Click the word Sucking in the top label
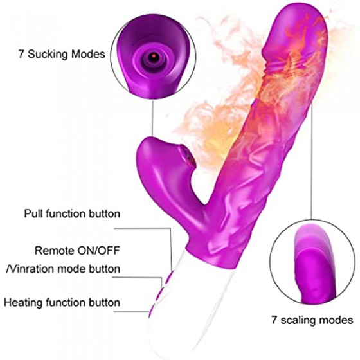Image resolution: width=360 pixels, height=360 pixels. (48, 55)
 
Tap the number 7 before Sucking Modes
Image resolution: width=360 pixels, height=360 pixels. (21, 54)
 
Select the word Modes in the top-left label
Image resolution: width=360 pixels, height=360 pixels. (88, 54)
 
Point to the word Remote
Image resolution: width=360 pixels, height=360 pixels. (55, 251)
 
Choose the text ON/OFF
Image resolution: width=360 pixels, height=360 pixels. (99, 251)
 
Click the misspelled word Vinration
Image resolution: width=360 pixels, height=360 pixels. (31, 269)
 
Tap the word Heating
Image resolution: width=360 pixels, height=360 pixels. (24, 303)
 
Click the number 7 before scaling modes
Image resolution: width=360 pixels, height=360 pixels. (274, 319)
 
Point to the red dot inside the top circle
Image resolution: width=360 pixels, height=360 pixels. (152, 57)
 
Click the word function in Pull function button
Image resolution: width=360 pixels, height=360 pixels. (66, 213)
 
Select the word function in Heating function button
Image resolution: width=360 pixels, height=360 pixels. (66, 302)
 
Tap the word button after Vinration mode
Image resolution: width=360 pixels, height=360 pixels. (105, 269)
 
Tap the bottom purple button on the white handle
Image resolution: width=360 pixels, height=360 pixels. (152, 310)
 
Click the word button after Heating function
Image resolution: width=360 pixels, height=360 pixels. (105, 302)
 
